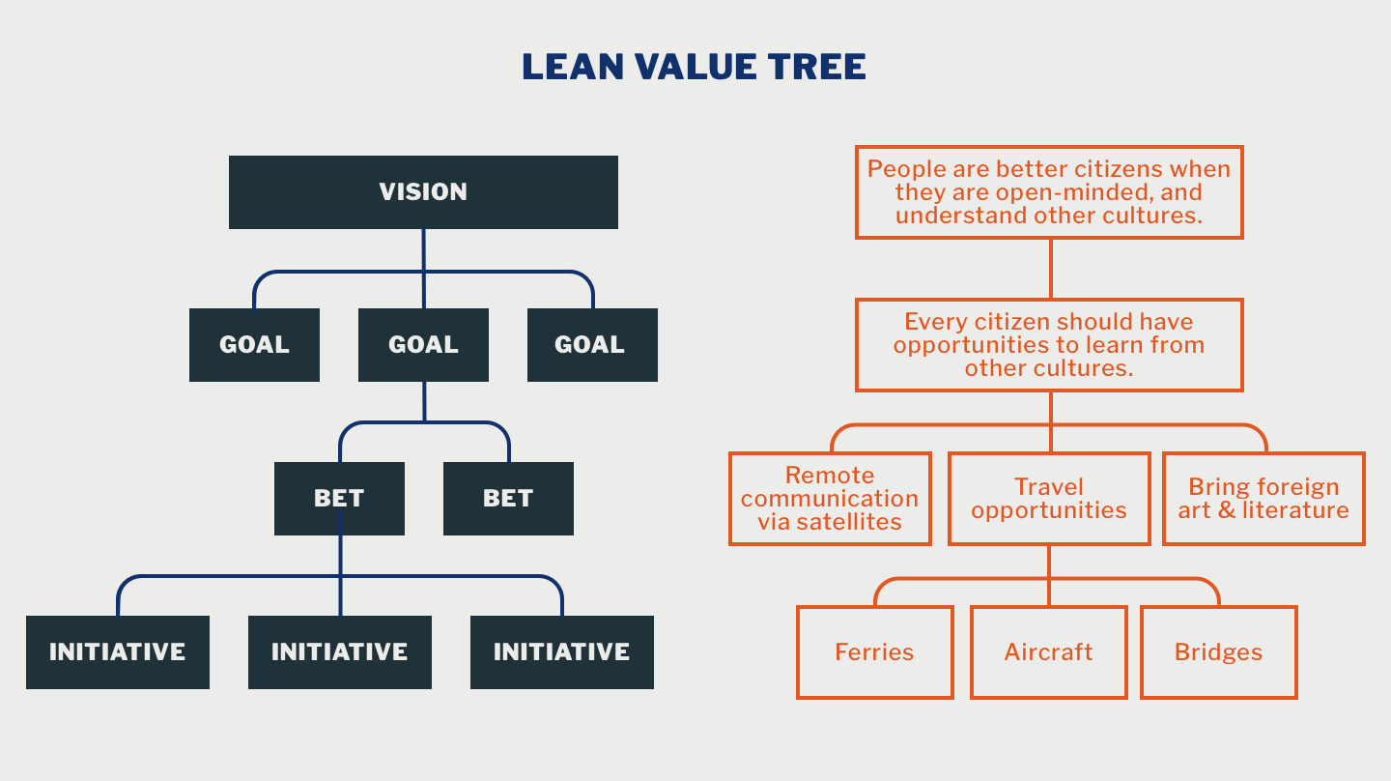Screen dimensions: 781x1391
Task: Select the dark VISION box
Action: click(423, 192)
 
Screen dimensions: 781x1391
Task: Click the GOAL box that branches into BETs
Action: click(423, 345)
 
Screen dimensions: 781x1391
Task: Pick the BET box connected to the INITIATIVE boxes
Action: click(339, 499)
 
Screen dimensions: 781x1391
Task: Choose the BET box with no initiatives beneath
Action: click(508, 499)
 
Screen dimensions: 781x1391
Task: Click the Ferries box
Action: click(874, 652)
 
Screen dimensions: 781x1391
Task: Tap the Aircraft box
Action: click(1048, 652)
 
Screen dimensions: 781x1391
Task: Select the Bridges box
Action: click(1218, 652)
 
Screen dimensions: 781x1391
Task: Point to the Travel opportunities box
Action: click(1049, 499)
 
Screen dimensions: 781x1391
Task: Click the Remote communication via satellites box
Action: click(830, 499)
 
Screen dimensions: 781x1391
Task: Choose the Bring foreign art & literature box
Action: click(1263, 499)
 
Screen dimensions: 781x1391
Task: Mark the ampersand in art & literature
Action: click(1227, 510)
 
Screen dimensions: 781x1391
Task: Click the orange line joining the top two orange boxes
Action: click(1050, 269)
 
